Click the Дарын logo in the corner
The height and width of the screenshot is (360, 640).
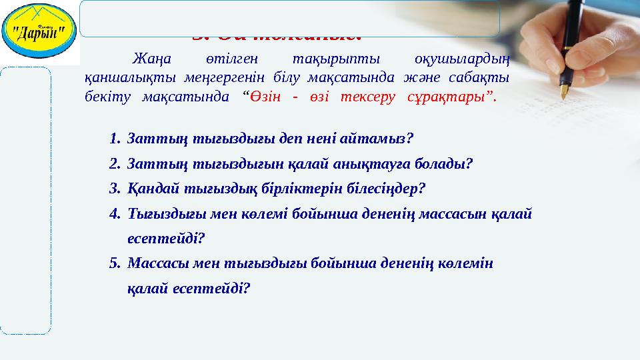pyautogui.click(x=39, y=31)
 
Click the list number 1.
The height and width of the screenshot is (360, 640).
pyautogui.click(x=114, y=139)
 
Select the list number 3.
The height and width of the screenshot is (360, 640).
pyautogui.click(x=114, y=188)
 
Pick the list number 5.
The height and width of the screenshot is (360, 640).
pyautogui.click(x=114, y=263)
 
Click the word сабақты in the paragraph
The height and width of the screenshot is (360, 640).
pyautogui.click(x=485, y=77)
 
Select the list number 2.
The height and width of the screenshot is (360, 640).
pyautogui.click(x=114, y=164)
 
